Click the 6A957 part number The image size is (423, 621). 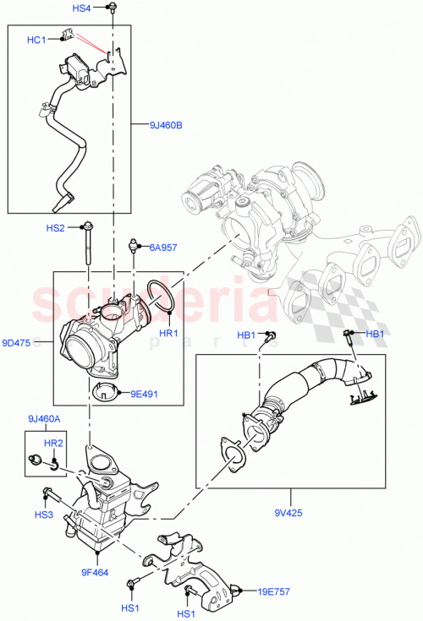click(163, 248)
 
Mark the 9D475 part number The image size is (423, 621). click(16, 342)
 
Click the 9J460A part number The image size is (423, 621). click(44, 417)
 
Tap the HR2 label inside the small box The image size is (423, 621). click(53, 442)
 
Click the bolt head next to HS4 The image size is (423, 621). click(111, 8)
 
